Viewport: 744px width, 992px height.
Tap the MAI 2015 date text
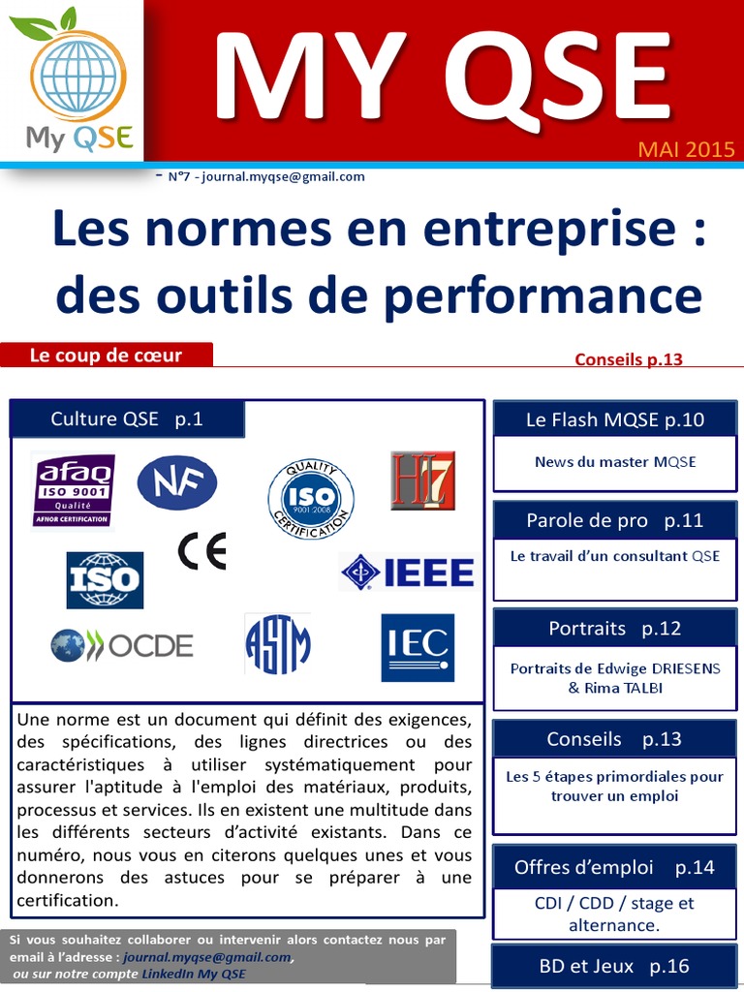pos(686,150)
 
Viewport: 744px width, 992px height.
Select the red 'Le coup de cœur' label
pos(107,356)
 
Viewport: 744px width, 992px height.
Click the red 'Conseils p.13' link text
pos(629,359)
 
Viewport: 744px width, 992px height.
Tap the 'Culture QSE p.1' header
pos(127,419)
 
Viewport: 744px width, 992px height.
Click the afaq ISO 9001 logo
pos(74,490)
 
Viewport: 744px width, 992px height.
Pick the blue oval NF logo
pos(176,482)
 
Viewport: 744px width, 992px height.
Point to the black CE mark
pos(201,551)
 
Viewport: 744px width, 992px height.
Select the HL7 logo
pos(422,480)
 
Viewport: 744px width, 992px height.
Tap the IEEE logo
pos(407,572)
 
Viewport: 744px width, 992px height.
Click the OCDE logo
pos(122,645)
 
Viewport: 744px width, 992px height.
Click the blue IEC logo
pos(418,646)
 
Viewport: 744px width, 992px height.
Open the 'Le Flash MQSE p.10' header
pos(615,419)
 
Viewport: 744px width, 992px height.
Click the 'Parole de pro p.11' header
pos(615,520)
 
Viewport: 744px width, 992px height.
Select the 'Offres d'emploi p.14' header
pos(615,867)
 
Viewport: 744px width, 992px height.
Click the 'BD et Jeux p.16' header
pos(615,966)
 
